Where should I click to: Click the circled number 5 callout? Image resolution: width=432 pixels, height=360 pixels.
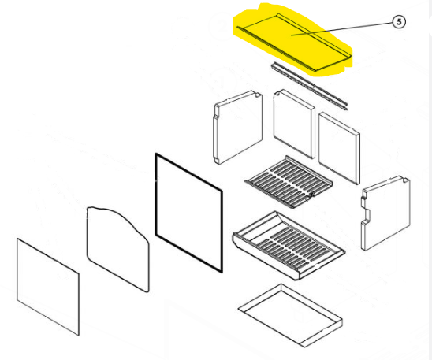pos(399,22)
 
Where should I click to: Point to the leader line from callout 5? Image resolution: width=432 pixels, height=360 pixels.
pos(342,28)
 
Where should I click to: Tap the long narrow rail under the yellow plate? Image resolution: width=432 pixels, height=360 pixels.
pos(309,86)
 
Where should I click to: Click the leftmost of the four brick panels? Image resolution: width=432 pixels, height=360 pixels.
pos(238,127)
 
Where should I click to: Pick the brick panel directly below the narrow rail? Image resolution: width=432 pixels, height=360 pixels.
pos(294,124)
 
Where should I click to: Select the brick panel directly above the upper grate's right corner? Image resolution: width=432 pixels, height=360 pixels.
pos(339,148)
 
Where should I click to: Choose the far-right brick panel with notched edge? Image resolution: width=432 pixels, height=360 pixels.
pos(385,213)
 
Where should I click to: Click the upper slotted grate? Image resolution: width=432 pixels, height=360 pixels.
pos(289,182)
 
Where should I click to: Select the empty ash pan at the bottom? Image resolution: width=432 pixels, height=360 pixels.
pos(290,315)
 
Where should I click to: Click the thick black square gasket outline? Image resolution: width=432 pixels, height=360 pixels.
pos(189,213)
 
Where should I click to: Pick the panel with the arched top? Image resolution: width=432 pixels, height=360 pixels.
pos(118,249)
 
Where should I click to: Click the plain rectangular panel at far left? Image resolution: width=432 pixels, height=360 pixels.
pos(48,287)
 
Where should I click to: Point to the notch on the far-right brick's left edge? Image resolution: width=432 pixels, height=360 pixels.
pos(367,213)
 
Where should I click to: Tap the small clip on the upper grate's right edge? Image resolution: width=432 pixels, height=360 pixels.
pos(311,195)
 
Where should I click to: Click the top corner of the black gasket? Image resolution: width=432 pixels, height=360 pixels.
pos(156,154)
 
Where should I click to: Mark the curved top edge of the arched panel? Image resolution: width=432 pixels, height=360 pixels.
pos(117,217)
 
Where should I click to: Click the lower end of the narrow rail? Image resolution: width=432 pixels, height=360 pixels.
pos(346,108)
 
